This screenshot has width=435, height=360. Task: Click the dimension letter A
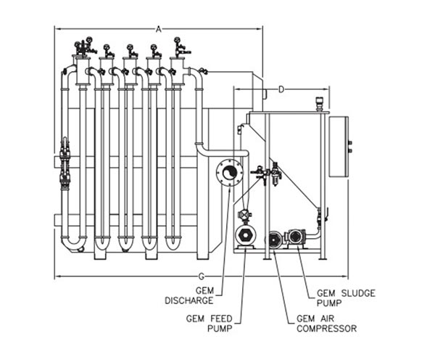158,29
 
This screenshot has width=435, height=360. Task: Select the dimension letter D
281,89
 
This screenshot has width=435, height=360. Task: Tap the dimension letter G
202,277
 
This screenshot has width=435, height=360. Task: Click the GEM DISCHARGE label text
189,295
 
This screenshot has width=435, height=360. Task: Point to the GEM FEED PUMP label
210,323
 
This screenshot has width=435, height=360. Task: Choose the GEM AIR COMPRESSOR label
326,323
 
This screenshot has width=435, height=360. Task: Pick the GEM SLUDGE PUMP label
346,298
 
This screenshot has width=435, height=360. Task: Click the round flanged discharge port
229,173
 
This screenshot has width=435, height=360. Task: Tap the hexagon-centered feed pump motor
245,236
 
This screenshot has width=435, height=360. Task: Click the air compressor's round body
274,240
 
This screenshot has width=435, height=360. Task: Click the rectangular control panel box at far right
339,147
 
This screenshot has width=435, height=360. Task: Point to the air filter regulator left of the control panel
275,174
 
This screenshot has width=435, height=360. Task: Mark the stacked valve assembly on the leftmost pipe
65,163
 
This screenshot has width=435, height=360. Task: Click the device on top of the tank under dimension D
320,105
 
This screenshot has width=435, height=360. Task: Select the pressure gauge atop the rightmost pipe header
177,40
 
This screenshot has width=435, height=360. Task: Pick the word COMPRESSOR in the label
326,328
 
